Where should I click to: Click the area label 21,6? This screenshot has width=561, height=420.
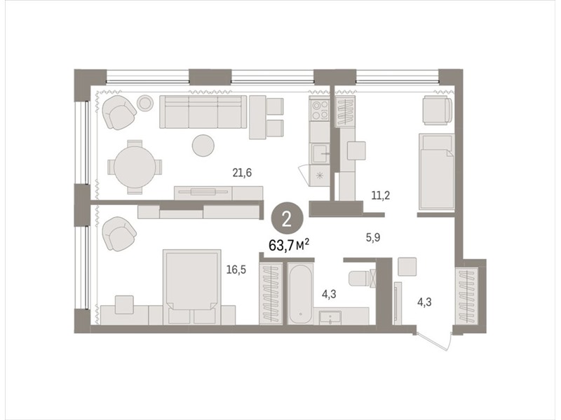242,173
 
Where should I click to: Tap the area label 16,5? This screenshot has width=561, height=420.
236,269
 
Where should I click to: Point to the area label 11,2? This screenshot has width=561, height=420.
380,196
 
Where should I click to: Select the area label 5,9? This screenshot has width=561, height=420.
373,238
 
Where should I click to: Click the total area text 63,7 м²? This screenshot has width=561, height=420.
289,246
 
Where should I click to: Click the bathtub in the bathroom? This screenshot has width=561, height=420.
301,293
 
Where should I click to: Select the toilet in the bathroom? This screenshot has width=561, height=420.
360,279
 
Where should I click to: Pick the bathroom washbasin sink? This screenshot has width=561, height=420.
330,317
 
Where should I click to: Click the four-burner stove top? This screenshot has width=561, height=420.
320,110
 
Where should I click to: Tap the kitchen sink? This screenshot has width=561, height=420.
320,153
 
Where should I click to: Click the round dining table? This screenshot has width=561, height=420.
135,167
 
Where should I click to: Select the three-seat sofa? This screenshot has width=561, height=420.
203,111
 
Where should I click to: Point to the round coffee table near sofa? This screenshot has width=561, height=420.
203,146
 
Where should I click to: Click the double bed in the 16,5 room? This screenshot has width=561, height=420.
191,287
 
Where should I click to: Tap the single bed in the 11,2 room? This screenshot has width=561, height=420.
436,171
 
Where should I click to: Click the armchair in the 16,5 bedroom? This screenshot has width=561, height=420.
119,234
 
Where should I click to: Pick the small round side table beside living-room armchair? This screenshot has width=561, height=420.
145,103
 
